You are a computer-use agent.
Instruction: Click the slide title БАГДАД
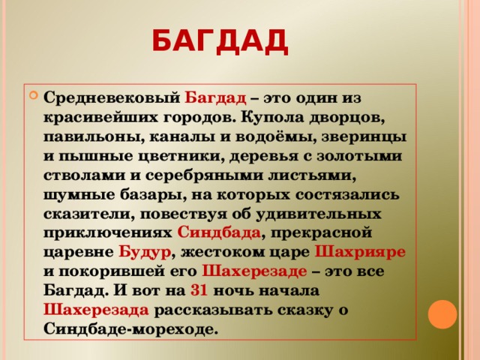219,40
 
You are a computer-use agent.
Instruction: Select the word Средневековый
111,98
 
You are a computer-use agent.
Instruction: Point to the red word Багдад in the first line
215,98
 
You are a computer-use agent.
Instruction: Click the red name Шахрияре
361,251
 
